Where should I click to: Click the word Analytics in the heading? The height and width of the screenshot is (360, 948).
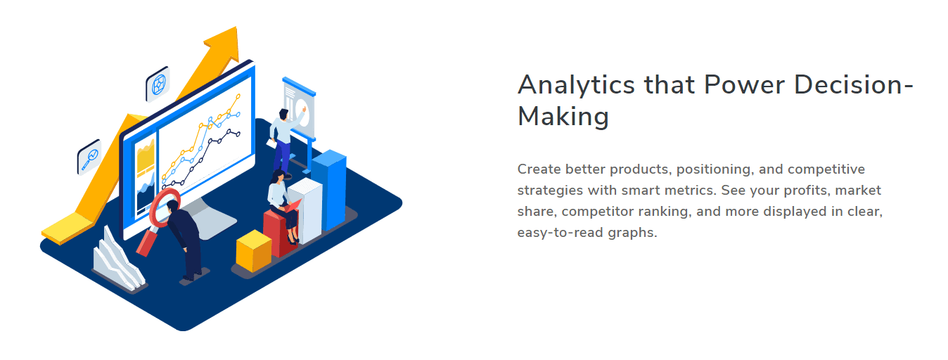(x=576, y=85)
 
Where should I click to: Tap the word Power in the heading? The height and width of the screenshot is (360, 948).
(x=744, y=84)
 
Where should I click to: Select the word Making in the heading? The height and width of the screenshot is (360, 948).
(x=563, y=116)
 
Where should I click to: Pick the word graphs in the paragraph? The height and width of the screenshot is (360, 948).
(x=632, y=233)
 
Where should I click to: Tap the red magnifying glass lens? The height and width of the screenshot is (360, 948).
(x=165, y=207)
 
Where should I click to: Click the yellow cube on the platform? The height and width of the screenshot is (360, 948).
(x=253, y=251)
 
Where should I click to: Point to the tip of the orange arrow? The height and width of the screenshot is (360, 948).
(x=236, y=27)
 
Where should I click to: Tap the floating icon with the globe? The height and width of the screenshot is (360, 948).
(x=158, y=84)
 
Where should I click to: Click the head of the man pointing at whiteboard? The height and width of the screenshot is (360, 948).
(x=283, y=114)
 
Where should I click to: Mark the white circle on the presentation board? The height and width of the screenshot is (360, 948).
(x=302, y=112)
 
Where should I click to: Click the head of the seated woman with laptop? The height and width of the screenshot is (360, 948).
(x=278, y=176)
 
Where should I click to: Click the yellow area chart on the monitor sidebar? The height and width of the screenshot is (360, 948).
(x=146, y=157)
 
